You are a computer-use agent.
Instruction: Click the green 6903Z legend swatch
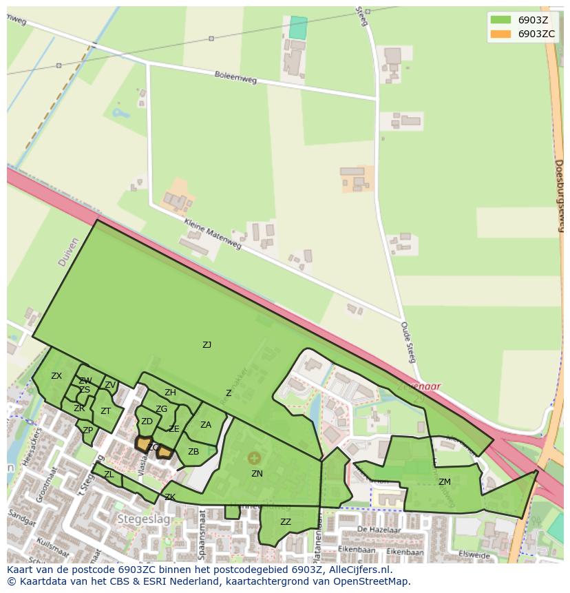[500, 20]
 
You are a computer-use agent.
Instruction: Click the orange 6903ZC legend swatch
[500, 34]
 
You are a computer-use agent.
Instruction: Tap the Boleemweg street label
[235, 77]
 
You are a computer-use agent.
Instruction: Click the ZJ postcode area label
[207, 345]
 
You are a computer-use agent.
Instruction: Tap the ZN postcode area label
[257, 474]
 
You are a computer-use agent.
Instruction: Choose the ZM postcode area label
[445, 482]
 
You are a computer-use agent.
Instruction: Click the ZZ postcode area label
[286, 522]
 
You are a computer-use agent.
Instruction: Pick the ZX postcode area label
[56, 376]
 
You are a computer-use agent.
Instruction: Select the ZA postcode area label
[206, 425]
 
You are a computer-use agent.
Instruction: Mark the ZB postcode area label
[193, 452]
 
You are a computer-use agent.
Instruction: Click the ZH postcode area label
[170, 393]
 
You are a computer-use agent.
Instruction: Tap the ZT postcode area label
[105, 411]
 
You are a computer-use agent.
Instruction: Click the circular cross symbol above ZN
[255, 458]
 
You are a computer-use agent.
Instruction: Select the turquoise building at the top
[298, 28]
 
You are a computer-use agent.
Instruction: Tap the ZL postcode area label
[109, 475]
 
